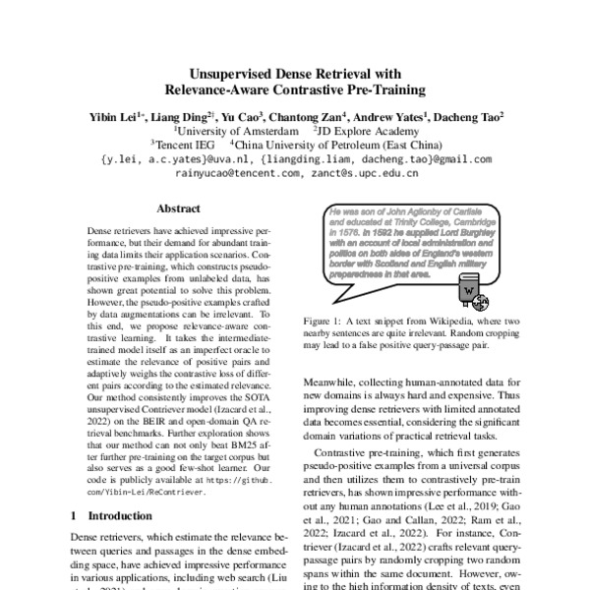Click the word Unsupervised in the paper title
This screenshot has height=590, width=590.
(x=227, y=73)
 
